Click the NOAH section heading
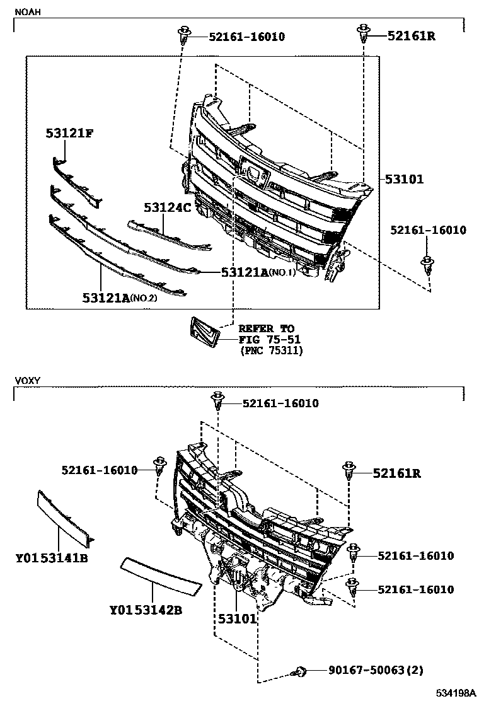[26, 11]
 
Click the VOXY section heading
[27, 381]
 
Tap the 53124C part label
[167, 207]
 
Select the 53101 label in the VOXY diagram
[238, 618]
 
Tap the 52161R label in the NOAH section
[411, 36]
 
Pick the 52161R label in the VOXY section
[396, 472]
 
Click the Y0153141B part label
[52, 558]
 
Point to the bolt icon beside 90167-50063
[301, 672]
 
